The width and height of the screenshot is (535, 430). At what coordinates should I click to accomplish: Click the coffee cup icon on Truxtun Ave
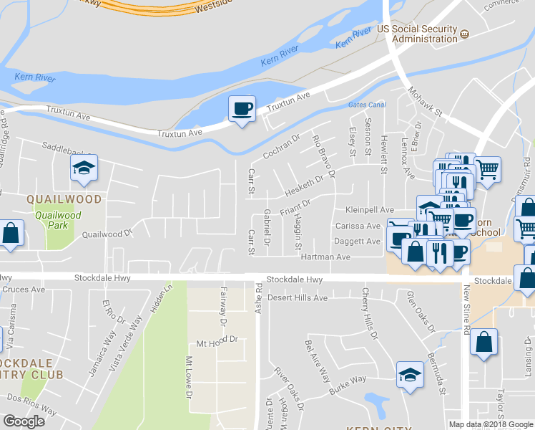click(x=241, y=109)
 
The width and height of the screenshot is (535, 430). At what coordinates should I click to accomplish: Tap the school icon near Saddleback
click(x=83, y=169)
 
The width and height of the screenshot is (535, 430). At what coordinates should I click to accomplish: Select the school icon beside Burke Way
click(x=410, y=375)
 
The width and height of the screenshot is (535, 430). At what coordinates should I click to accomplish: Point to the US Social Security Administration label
click(x=417, y=34)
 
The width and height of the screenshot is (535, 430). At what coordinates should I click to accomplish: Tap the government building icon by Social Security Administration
click(x=465, y=34)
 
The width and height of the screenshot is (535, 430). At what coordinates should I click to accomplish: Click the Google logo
click(x=24, y=421)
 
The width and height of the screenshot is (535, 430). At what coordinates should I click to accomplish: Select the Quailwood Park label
click(x=59, y=219)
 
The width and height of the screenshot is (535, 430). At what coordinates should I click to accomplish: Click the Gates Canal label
click(x=367, y=105)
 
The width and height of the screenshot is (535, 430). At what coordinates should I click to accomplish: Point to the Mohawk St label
click(x=426, y=102)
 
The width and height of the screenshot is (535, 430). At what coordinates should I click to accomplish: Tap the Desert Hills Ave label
click(x=297, y=297)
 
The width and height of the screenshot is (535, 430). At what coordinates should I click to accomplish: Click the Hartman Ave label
click(x=325, y=257)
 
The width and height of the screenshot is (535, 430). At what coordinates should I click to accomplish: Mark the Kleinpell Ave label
click(x=370, y=210)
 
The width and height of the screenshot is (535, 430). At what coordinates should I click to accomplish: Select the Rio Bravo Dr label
click(x=324, y=152)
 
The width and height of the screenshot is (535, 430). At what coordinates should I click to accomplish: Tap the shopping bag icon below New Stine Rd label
click(x=484, y=343)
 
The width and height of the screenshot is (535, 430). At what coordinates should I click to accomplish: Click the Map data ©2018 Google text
click(x=491, y=424)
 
